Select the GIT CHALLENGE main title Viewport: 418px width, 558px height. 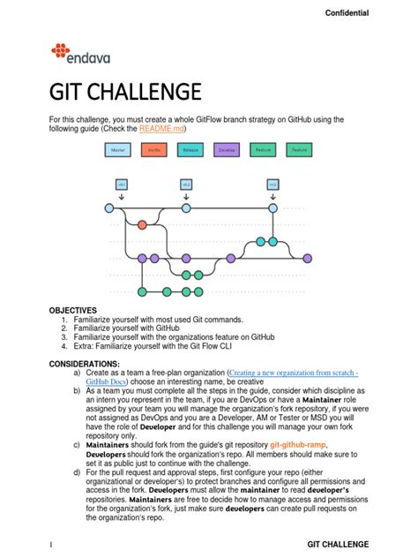click(125, 92)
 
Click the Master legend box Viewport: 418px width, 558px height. click(117, 151)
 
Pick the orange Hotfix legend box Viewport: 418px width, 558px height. click(153, 151)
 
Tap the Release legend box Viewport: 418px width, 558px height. click(190, 151)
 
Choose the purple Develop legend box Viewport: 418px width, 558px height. click(227, 151)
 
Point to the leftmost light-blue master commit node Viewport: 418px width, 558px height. click(109, 208)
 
